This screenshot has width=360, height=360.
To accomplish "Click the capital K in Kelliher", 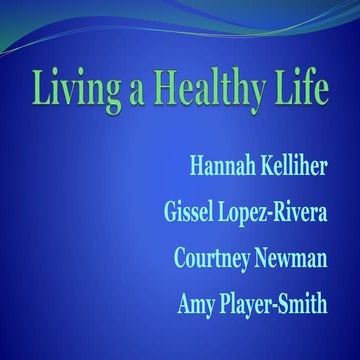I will pos(263,162).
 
